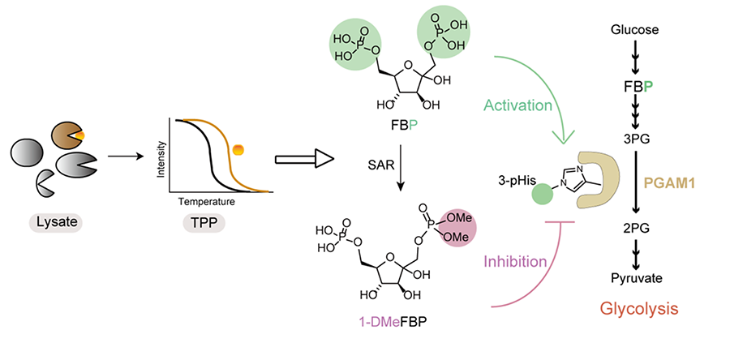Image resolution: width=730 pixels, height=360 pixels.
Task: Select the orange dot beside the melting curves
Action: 238,149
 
